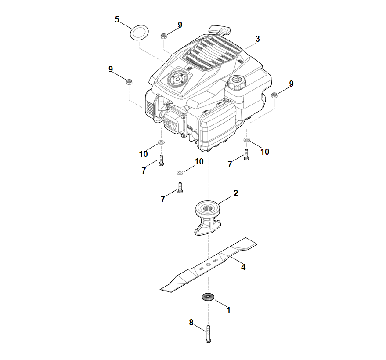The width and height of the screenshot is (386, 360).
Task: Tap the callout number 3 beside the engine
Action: (x=257, y=39)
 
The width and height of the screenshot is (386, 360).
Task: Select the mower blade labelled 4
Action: (x=208, y=265)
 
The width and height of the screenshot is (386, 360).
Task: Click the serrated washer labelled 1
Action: (x=208, y=297)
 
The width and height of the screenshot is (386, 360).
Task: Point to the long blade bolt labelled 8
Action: (x=208, y=334)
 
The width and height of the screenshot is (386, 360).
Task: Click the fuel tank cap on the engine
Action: (x=237, y=82)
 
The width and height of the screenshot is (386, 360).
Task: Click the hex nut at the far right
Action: (x=274, y=95)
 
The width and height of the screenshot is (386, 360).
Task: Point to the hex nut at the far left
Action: (x=129, y=81)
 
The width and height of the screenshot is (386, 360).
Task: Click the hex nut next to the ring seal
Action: (x=163, y=36)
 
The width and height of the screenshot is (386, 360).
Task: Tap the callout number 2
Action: (x=235, y=193)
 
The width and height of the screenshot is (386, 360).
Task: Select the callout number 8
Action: (x=191, y=322)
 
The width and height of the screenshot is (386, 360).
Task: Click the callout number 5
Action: (x=117, y=19)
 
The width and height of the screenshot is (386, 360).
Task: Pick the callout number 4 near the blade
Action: (x=243, y=267)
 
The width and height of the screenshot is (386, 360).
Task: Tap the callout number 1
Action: (x=228, y=310)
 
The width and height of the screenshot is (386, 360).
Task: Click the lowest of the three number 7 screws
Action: (x=180, y=188)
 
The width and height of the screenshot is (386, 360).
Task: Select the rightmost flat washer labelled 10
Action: (x=247, y=140)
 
